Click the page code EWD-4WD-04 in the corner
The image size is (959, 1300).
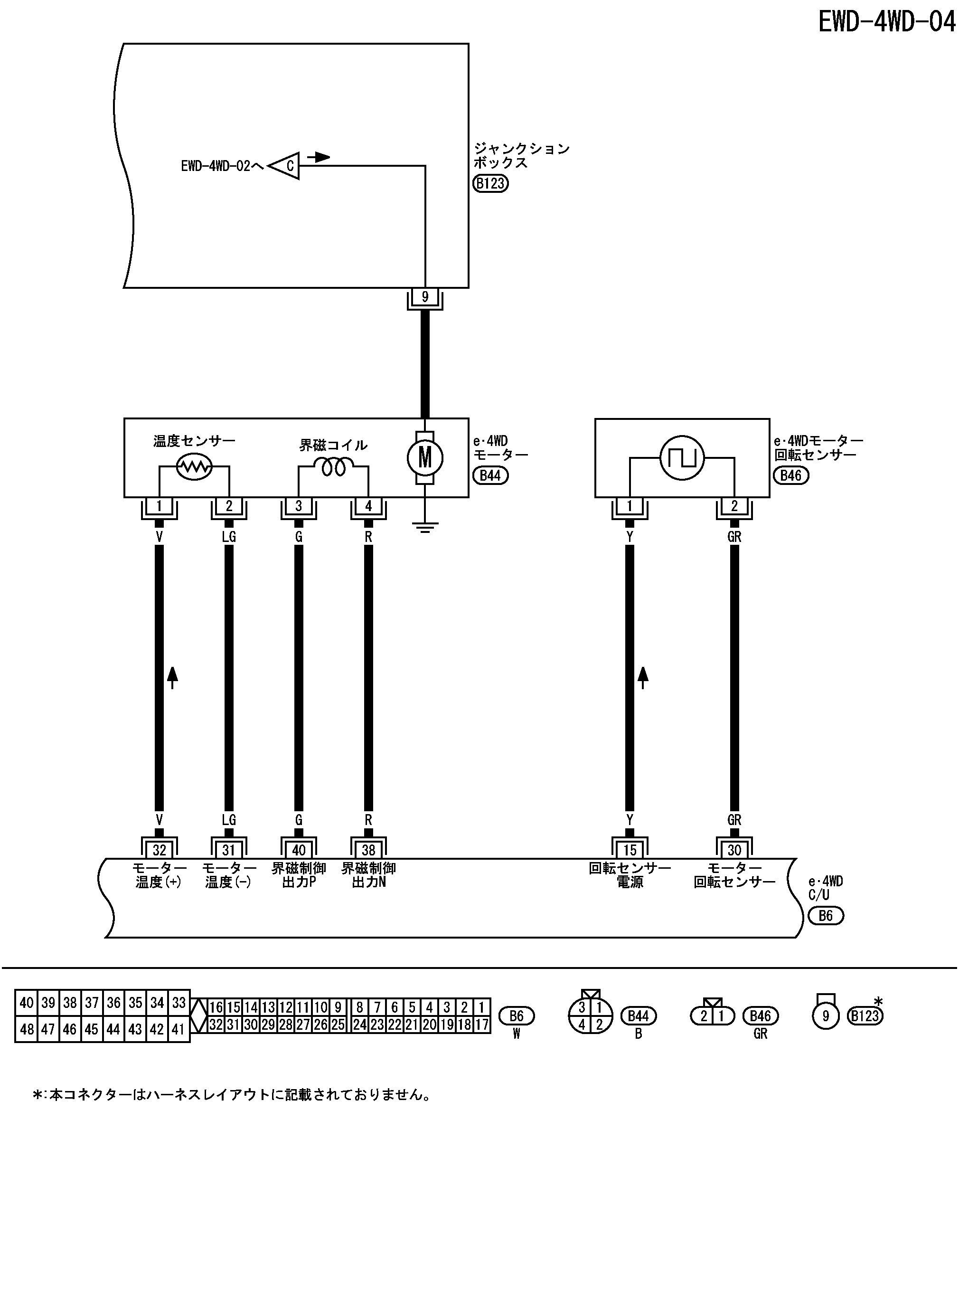(886, 23)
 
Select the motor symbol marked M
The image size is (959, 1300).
(425, 458)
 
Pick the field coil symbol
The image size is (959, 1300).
(334, 465)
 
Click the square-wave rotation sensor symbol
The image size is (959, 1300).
(682, 458)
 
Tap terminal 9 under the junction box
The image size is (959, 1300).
(425, 297)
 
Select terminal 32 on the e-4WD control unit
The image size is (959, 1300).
(159, 850)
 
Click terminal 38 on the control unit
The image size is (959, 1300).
(368, 850)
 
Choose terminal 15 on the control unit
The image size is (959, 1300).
(630, 850)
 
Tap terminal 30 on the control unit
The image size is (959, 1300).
(734, 850)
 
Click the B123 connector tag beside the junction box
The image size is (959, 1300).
(490, 183)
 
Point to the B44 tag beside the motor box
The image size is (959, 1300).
(490, 475)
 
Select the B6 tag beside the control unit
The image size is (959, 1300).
(826, 916)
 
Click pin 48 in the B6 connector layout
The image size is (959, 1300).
(27, 1029)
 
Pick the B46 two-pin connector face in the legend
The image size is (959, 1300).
(712, 1015)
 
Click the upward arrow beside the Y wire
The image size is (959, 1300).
(643, 677)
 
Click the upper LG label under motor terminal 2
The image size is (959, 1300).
(229, 537)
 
